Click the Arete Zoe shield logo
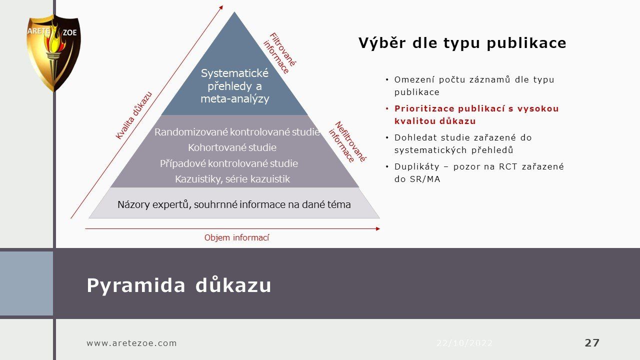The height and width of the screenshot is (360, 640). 53,53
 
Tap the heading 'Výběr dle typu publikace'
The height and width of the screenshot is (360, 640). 462,43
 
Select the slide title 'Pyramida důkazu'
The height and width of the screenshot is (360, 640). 179,285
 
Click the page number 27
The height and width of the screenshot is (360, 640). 592,342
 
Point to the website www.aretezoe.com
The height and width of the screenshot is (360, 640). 131,343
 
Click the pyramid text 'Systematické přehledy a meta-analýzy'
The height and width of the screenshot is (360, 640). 235,86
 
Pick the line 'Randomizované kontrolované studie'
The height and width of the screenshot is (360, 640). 237,132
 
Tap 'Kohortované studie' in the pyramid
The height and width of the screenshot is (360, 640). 232,147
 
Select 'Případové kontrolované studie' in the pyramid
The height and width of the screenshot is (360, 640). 229,163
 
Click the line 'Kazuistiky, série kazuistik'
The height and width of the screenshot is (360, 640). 232,179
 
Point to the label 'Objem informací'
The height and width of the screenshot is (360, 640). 237,237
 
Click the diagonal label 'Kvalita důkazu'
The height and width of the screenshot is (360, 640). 133,115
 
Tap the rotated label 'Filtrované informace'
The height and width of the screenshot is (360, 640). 279,53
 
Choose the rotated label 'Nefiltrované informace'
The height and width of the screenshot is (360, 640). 347,142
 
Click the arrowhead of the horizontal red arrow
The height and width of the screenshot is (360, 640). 378,229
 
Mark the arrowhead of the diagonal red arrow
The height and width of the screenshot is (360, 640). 221,7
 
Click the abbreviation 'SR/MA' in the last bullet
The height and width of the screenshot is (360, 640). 425,179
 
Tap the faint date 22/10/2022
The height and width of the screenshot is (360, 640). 464,343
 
